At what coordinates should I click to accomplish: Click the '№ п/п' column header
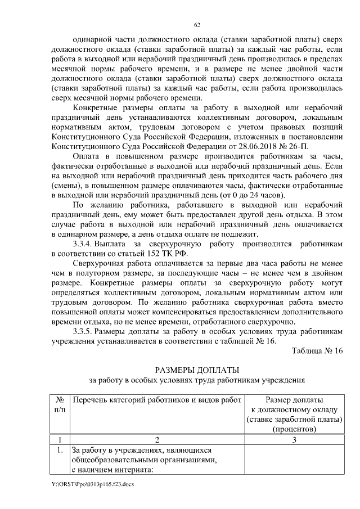(x=59, y=404)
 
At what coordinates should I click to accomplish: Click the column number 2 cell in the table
(x=155, y=439)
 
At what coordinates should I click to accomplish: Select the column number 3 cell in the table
(x=294, y=439)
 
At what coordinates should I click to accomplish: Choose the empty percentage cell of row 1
(x=294, y=460)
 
